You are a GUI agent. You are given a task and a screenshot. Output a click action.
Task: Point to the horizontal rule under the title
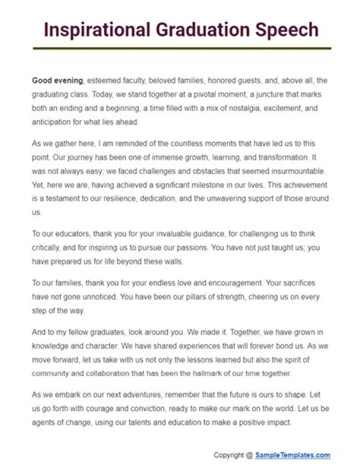point(182,48)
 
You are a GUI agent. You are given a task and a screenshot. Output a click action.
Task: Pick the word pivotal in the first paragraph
point(178,94)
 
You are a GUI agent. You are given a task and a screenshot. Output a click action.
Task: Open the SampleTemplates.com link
point(292,455)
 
